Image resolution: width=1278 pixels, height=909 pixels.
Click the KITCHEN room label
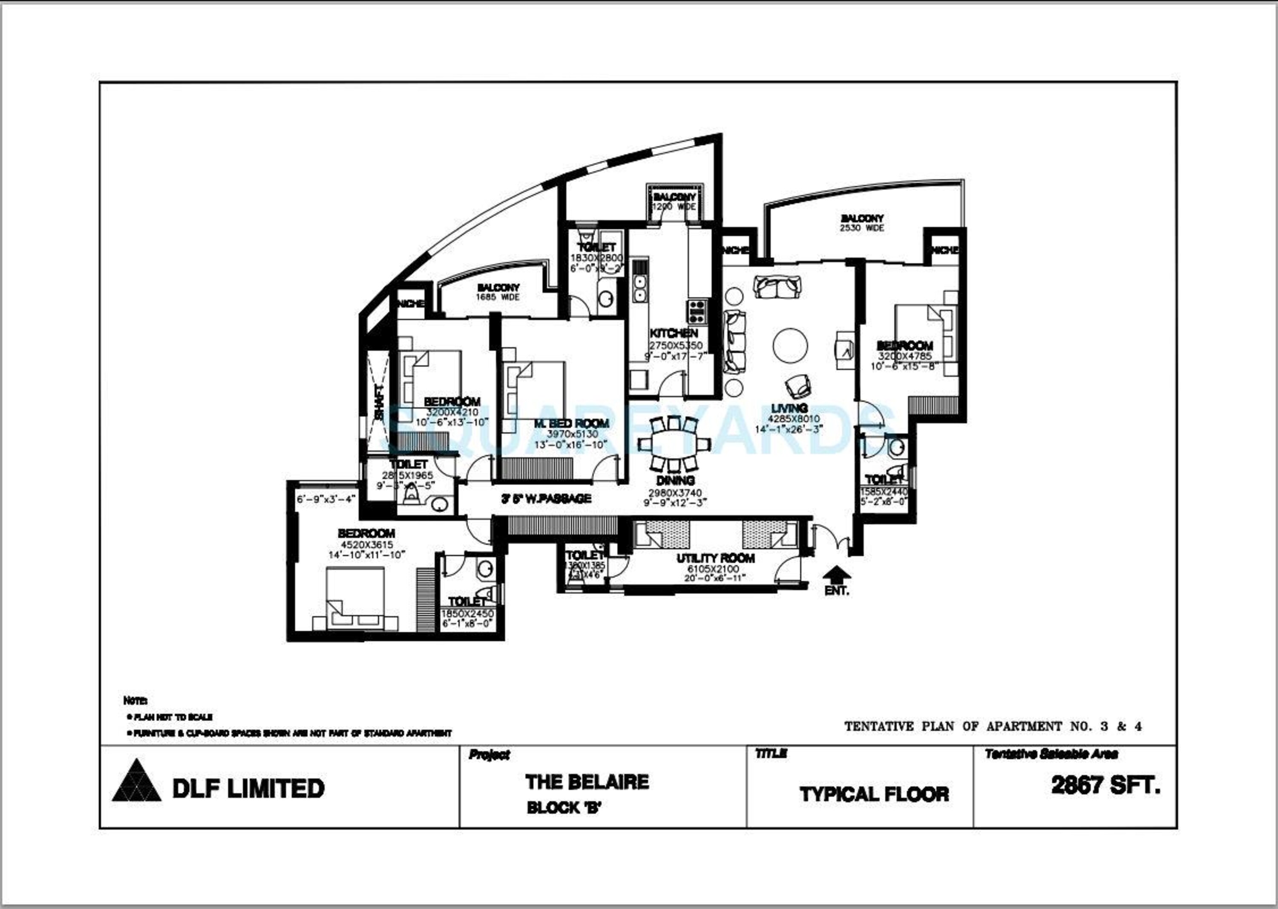click(674, 333)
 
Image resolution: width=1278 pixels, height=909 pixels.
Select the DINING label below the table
click(675, 480)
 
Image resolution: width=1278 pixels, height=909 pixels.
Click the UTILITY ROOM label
click(715, 558)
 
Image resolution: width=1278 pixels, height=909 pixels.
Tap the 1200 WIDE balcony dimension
click(674, 207)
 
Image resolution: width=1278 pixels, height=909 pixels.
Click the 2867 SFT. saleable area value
click(1105, 786)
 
